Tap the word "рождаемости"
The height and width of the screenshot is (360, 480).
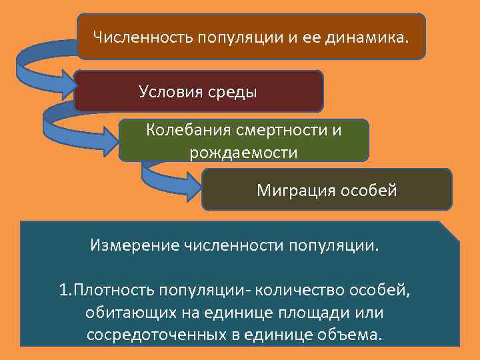[x=243, y=153]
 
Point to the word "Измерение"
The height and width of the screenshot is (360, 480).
[x=132, y=245]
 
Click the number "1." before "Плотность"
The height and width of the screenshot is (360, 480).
[x=65, y=291]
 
